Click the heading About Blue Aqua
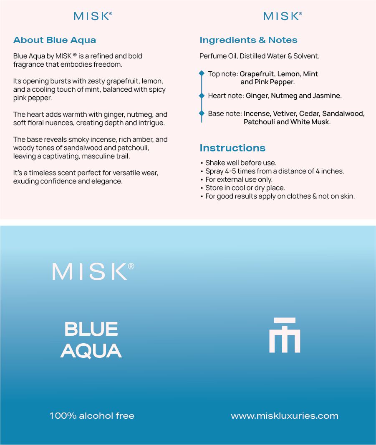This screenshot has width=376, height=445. coord(55,40)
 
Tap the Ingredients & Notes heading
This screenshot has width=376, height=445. coord(248,40)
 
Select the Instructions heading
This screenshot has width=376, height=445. coord(232,148)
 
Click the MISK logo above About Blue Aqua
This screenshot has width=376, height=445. coord(93,16)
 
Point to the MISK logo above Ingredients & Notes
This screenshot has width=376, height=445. coord(283,16)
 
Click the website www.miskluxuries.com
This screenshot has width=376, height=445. coord(285,416)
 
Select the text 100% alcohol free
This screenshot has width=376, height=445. coord(92,416)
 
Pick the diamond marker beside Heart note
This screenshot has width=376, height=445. coord(202,96)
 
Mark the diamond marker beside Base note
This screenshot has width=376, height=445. coord(202,113)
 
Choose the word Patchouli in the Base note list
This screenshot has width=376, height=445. coord(259,122)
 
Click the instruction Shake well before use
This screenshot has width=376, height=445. coord(240,163)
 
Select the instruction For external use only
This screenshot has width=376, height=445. coord(239,180)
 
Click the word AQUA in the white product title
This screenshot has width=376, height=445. coord(91,351)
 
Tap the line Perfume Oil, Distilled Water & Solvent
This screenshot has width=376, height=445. coord(259,56)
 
